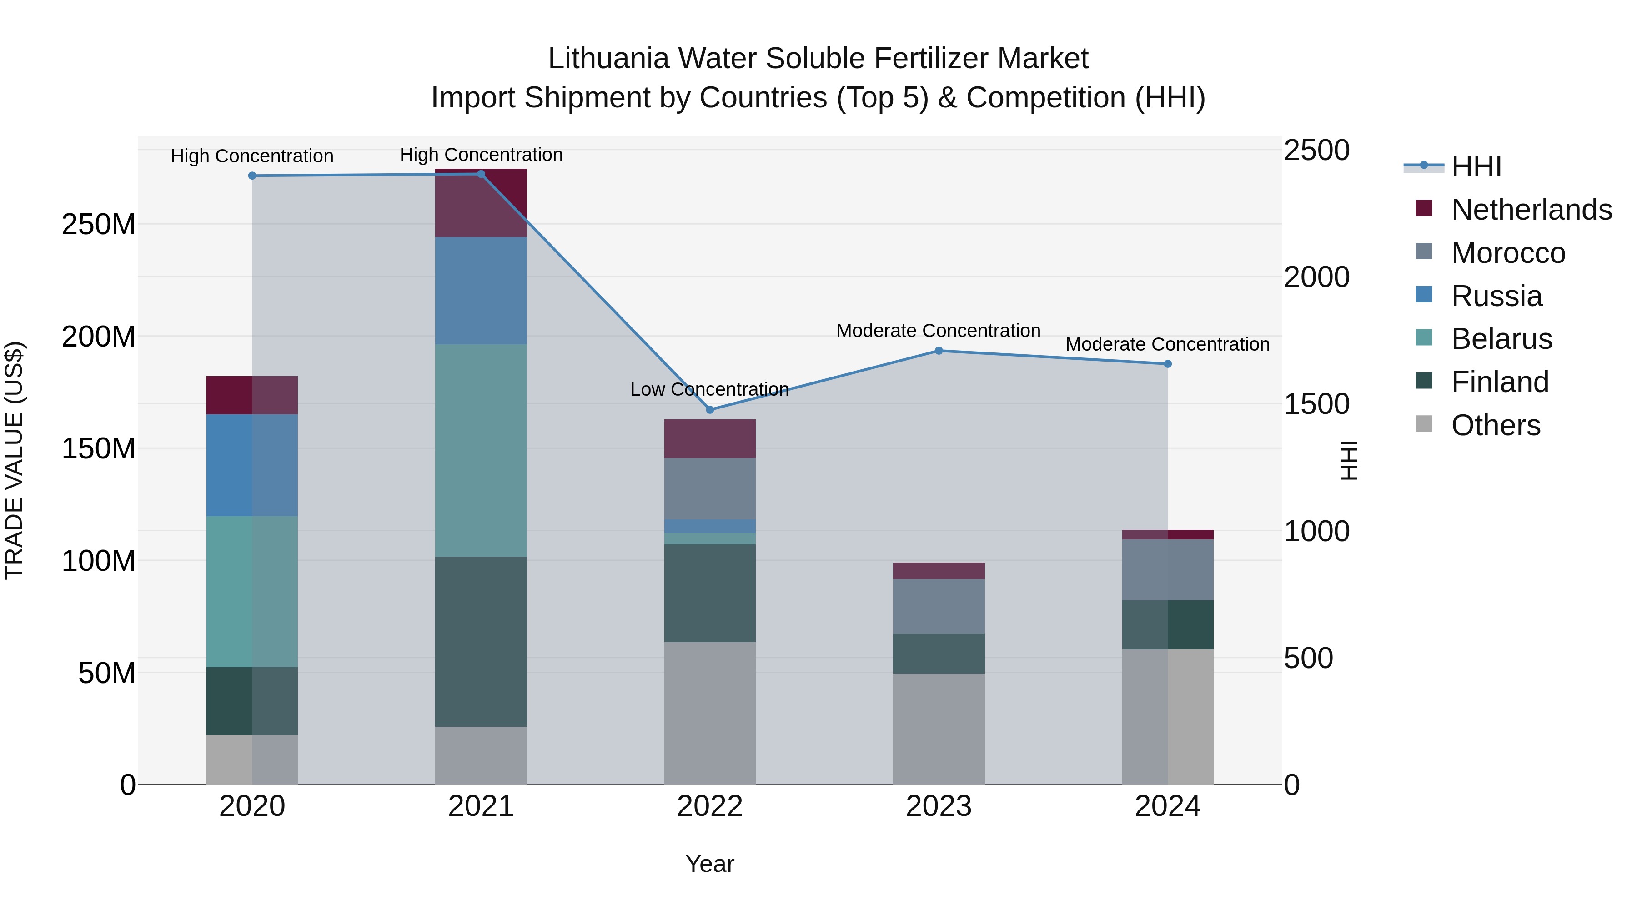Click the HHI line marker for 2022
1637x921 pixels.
(x=710, y=410)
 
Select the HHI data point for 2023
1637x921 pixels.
(x=939, y=351)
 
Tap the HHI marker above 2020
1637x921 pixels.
(x=252, y=176)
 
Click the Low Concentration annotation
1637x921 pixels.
(x=709, y=389)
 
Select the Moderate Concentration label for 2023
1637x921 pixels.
(x=938, y=331)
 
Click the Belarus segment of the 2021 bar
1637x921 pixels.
(x=481, y=450)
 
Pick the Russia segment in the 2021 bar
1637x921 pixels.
(x=481, y=291)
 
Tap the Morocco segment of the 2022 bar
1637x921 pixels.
(x=710, y=489)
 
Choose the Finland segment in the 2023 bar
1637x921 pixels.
(x=939, y=654)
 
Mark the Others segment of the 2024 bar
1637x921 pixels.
(x=1167, y=717)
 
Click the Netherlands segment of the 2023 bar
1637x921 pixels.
(x=939, y=571)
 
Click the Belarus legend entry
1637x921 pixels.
(x=1501, y=339)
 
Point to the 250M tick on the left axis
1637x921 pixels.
(x=99, y=224)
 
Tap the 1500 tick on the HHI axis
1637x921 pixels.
(x=1316, y=404)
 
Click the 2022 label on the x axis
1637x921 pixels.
(x=710, y=806)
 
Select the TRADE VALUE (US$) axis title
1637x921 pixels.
(x=14, y=460)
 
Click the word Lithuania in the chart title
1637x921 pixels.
(x=608, y=59)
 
